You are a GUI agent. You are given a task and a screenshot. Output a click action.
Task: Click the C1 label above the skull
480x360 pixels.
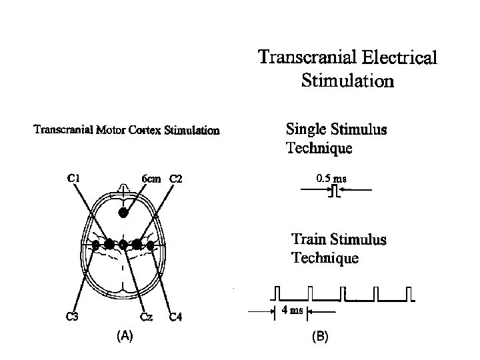pyautogui.click(x=75, y=178)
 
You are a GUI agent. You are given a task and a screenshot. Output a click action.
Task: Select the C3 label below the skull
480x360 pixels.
pyautogui.click(x=72, y=317)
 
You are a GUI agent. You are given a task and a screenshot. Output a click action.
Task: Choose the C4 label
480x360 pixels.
pyautogui.click(x=175, y=317)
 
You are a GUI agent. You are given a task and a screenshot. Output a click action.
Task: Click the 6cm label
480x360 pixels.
pyautogui.click(x=151, y=179)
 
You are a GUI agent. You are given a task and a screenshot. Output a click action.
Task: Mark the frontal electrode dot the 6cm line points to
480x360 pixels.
pyautogui.click(x=123, y=213)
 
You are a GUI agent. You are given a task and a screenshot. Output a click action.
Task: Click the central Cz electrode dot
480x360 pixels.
pyautogui.click(x=123, y=245)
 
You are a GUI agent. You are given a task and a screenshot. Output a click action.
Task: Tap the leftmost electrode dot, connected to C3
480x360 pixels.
pyautogui.click(x=96, y=245)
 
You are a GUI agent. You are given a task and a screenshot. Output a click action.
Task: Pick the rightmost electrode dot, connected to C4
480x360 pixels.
pyautogui.click(x=151, y=245)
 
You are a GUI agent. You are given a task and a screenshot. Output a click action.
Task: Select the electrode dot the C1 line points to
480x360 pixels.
pyautogui.click(x=109, y=244)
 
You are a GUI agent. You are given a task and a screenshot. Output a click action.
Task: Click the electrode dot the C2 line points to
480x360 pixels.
pyautogui.click(x=137, y=244)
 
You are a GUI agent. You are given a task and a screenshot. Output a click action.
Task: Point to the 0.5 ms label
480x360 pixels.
pyautogui.click(x=331, y=179)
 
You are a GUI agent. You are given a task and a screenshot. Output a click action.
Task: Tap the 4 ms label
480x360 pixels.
pyautogui.click(x=292, y=311)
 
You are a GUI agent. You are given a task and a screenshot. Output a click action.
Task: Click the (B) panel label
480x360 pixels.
pyautogui.click(x=320, y=337)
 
